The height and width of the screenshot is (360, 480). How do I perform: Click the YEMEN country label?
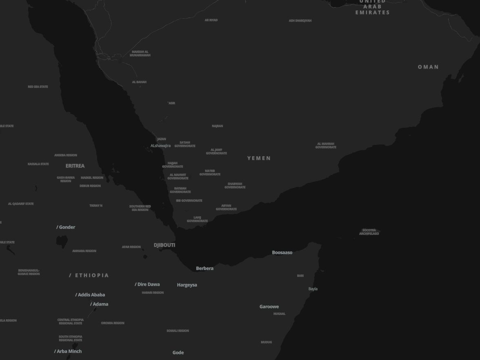tap(259, 158)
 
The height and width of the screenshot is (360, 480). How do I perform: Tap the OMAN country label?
tap(428, 67)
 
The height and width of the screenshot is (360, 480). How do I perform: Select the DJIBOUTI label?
tap(164, 245)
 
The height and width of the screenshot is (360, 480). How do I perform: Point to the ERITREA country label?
tap(75, 166)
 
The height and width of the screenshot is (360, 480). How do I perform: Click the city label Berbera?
tap(204, 269)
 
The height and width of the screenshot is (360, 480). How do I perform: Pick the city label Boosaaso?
tap(282, 253)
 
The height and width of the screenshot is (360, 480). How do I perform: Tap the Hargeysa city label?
tap(187, 285)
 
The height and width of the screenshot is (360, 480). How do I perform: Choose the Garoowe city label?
tap(269, 307)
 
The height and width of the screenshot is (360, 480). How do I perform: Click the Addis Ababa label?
tap(91, 295)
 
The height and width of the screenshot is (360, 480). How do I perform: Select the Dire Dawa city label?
tap(148, 284)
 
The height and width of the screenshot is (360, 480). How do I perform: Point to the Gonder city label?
tap(67, 227)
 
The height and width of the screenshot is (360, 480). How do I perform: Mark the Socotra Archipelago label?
tap(369, 232)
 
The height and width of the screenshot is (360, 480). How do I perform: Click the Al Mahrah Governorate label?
tap(326, 145)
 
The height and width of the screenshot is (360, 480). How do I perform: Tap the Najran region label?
tap(217, 126)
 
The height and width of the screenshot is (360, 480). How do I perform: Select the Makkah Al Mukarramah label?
tap(140, 53)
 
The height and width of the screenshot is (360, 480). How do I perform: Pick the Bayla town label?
tap(313, 289)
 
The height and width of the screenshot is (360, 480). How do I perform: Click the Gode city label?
tap(178, 353)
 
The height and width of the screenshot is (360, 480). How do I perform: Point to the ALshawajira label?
tap(160, 146)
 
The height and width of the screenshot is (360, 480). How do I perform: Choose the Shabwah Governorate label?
tap(235, 186)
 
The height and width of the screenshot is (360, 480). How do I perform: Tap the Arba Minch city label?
tap(69, 351)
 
